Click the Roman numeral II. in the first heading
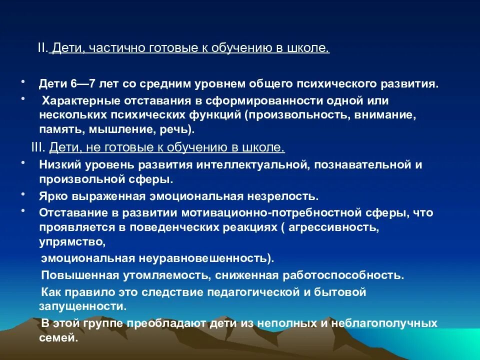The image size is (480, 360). coord(42,48)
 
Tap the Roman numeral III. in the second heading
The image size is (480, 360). coord(37,148)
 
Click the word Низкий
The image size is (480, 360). coord(56,164)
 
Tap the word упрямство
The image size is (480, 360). coord(72,242)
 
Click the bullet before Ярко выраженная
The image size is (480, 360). coord(23,192)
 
